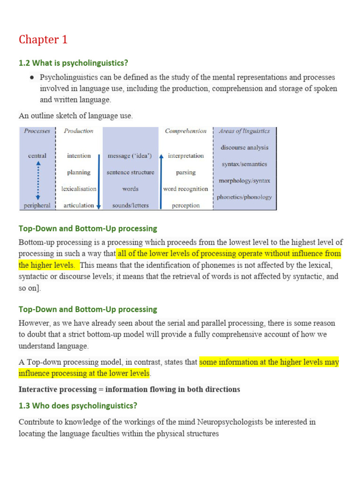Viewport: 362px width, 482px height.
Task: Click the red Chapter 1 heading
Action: click(43, 40)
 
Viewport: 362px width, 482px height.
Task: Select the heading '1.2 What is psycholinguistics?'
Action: click(73, 63)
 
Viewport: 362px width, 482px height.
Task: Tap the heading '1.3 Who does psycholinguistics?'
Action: click(78, 405)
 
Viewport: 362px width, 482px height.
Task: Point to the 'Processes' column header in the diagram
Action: click(37, 131)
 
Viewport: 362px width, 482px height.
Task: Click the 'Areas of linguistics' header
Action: click(245, 131)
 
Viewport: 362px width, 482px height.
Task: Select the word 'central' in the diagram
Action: click(37, 156)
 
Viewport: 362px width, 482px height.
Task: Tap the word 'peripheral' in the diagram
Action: click(37, 206)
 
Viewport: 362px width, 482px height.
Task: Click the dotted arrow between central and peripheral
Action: click(38, 180)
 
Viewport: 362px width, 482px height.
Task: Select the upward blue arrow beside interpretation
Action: click(161, 181)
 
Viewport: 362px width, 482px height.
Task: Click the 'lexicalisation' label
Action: click(79, 189)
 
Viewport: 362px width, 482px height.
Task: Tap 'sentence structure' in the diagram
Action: click(130, 172)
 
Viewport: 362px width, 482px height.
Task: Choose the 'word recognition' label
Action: click(186, 189)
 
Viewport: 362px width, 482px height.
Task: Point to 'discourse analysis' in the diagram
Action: click(244, 147)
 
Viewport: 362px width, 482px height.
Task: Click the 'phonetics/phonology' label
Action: click(244, 197)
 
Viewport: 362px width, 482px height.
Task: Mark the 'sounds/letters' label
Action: click(130, 206)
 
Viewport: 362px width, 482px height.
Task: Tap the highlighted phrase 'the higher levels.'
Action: click(46, 265)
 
